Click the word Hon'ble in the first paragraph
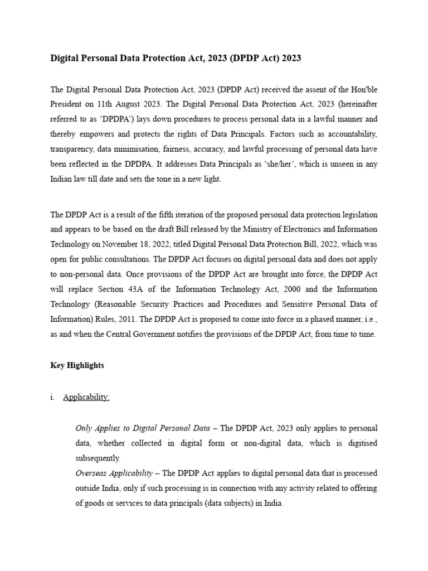point(364,89)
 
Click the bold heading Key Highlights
point(77,366)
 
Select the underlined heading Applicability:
point(86,398)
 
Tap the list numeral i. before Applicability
point(52,398)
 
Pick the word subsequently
point(98,458)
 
